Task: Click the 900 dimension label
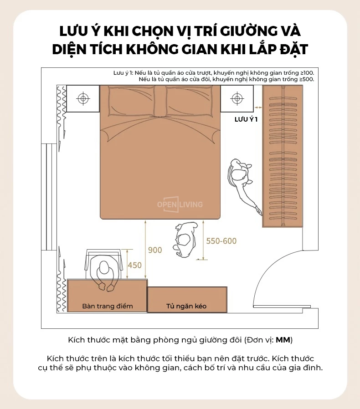pos(155,250)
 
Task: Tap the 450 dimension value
pos(135,265)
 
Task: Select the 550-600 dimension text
pos(221,241)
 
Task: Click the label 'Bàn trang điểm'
pos(108,306)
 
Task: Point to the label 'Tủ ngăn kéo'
pos(186,306)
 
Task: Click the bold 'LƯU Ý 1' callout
pos(246,119)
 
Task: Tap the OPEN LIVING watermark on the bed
pos(180,204)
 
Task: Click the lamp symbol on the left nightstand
pos(83,98)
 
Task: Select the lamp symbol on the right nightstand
pos(237,98)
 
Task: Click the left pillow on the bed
pos(131,101)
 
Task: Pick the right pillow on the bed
pos(189,101)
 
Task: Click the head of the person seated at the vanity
pos(104,267)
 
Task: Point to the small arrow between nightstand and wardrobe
pos(258,107)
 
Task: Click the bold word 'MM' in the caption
pos(283,340)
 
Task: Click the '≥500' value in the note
pos(307,79)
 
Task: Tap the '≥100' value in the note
pos(307,73)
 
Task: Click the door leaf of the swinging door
pos(282,307)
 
